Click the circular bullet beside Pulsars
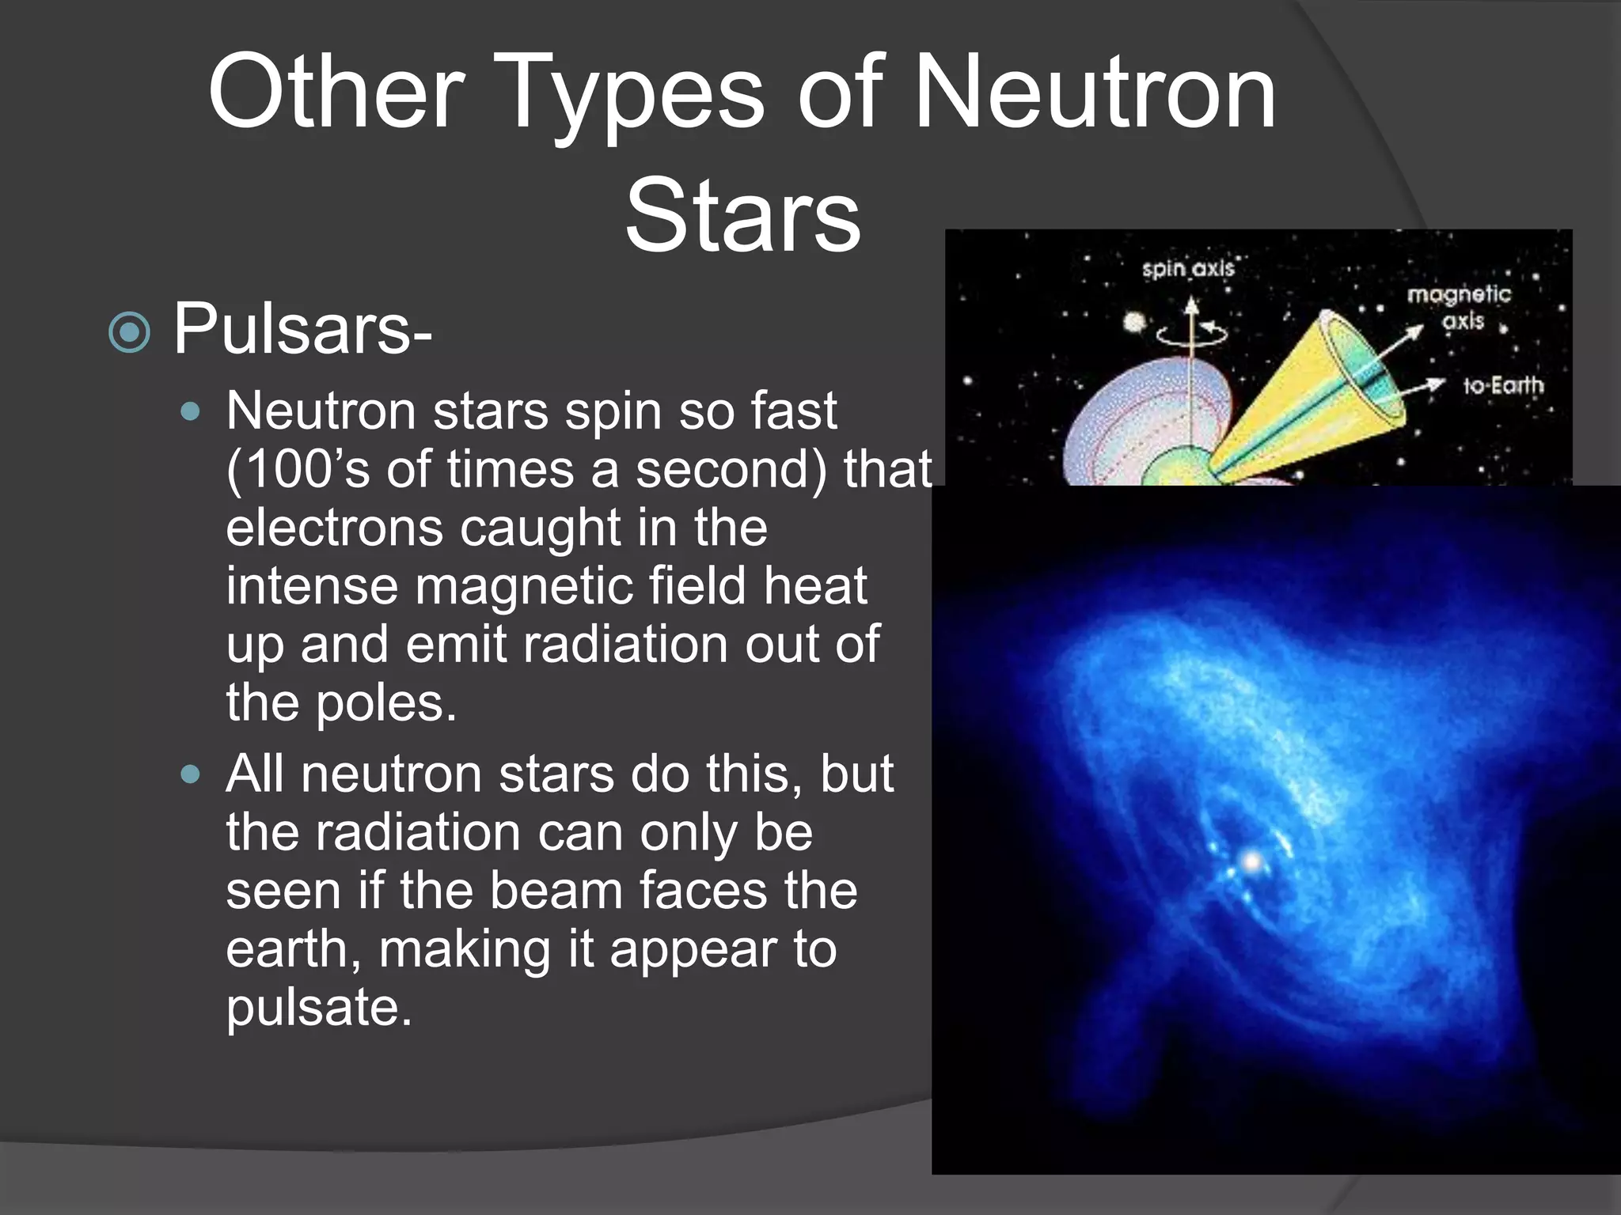point(129,332)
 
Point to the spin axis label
point(1187,269)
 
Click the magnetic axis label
point(1459,307)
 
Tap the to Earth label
point(1502,385)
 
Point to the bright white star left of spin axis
point(1135,322)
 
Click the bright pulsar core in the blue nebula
point(1251,861)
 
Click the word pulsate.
point(318,1007)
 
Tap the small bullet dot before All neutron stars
point(190,774)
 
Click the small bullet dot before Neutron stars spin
point(190,411)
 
